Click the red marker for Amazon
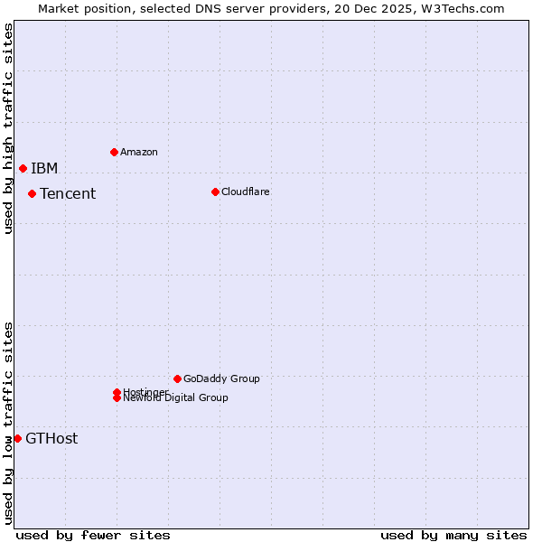[114, 152]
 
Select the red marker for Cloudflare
[215, 192]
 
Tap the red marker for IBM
[23, 168]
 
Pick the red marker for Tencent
[32, 193]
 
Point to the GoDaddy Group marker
[177, 378]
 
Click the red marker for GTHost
[17, 438]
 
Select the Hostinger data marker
[117, 392]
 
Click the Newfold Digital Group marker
[117, 398]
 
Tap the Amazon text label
[139, 152]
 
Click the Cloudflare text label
[246, 192]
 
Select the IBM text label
[44, 168]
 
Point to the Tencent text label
[68, 193]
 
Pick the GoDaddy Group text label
[221, 378]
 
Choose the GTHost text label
[51, 439]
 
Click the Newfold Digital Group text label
[176, 398]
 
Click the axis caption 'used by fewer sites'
[93, 535]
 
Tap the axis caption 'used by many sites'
[453, 535]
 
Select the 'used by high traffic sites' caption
[8, 128]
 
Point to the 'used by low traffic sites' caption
[8, 423]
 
